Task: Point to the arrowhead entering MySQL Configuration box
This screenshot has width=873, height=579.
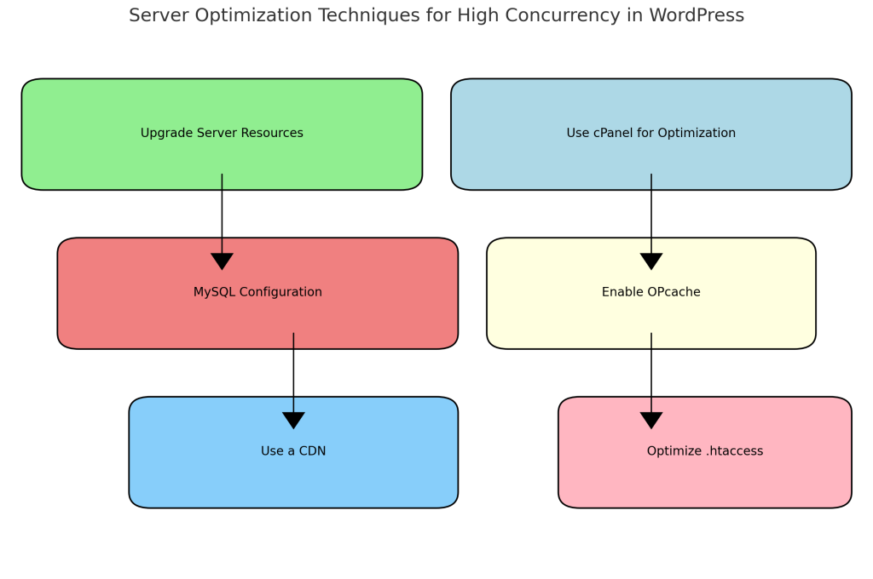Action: coord(222,261)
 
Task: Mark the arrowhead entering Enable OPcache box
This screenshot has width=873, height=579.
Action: coord(651,261)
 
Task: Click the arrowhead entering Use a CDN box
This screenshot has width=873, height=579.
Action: coord(293,421)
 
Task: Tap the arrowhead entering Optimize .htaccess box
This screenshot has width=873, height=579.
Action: coord(651,421)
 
